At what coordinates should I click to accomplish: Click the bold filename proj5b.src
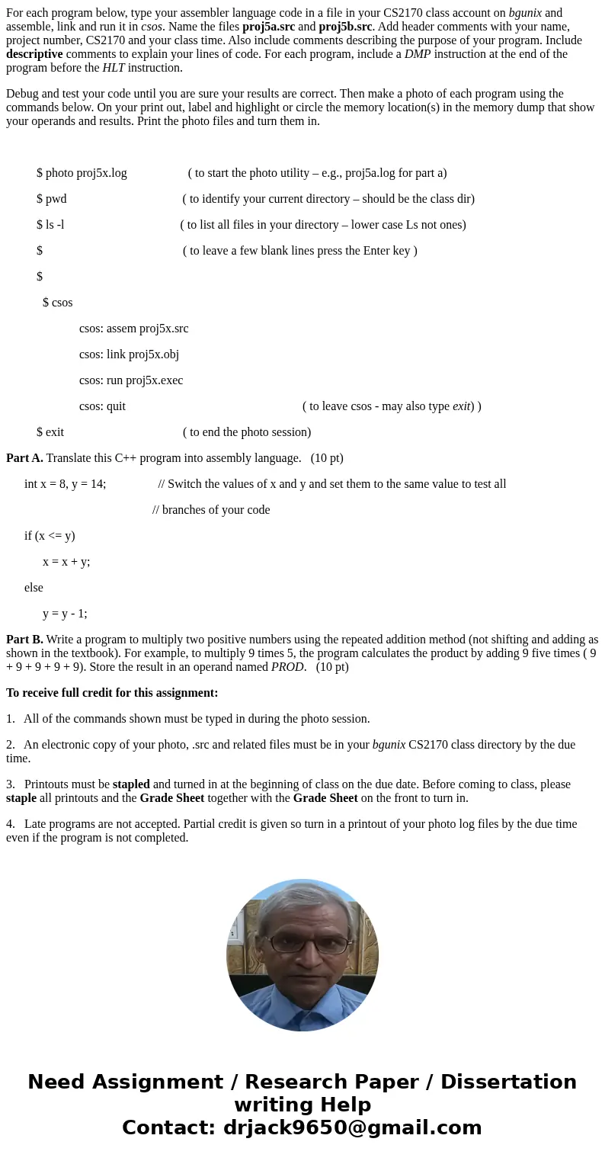tap(345, 26)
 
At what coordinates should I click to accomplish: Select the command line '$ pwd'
tap(52, 199)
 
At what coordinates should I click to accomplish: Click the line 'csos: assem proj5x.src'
tap(133, 329)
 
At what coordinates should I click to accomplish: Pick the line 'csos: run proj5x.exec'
tap(131, 380)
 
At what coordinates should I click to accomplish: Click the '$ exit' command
tap(50, 432)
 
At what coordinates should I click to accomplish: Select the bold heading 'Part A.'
tap(24, 458)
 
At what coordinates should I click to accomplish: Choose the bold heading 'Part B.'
tap(24, 640)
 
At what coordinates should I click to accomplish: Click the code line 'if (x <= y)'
tap(50, 536)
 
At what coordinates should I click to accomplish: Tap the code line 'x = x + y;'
tap(66, 562)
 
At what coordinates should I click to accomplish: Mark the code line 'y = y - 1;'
tap(65, 614)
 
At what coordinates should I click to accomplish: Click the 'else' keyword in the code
tap(34, 588)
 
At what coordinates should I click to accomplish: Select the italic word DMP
tap(417, 53)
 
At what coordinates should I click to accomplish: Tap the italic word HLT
tap(113, 67)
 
